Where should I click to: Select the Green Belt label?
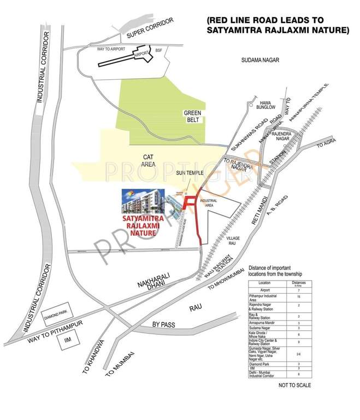click(x=193, y=116)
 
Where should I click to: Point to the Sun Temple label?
click(x=190, y=173)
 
